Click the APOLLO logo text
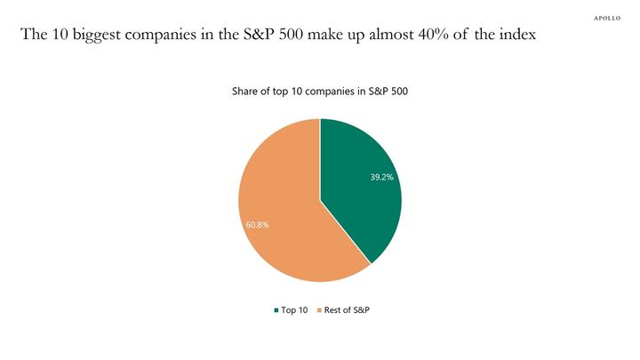tap(608, 17)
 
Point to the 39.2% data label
tap(382, 177)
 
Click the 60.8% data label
tap(257, 225)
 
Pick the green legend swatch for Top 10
tap(276, 310)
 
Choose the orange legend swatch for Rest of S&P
tap(317, 310)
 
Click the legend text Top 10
tap(294, 310)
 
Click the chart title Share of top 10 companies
tap(319, 92)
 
